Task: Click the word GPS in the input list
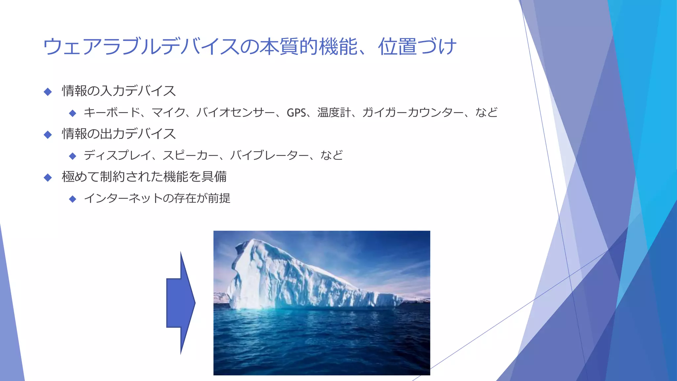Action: tap(296, 113)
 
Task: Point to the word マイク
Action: tap(168, 113)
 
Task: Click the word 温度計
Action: tap(334, 113)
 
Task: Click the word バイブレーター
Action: tap(269, 155)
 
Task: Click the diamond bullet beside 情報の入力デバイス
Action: tap(48, 92)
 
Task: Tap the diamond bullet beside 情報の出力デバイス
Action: tap(48, 135)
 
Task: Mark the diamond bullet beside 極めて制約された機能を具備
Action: tap(48, 178)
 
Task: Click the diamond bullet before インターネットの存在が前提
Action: tap(73, 199)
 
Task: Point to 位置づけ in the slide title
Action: tap(417, 47)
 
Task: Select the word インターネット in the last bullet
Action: tap(123, 198)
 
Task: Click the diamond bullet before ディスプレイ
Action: tap(73, 156)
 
